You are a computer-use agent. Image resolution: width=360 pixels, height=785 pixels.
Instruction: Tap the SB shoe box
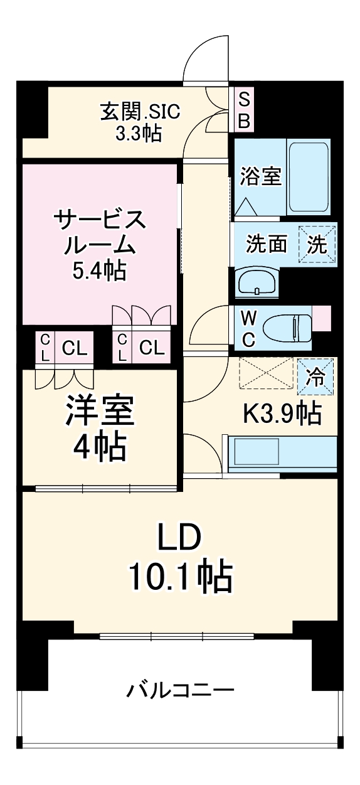click(244, 109)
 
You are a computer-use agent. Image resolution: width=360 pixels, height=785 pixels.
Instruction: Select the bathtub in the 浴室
click(308, 178)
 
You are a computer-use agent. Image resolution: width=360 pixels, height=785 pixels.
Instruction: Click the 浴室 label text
click(260, 176)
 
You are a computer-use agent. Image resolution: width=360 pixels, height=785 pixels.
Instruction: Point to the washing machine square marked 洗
click(317, 244)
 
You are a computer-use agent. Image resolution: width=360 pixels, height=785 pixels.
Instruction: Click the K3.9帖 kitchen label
click(282, 414)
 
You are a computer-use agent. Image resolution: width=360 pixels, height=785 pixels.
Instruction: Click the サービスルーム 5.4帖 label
click(100, 245)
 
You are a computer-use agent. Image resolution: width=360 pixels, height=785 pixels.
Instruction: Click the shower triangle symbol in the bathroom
click(245, 206)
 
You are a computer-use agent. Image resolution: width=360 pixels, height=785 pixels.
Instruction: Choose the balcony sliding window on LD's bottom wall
click(176, 636)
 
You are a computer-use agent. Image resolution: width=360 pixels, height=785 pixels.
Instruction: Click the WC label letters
click(248, 328)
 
